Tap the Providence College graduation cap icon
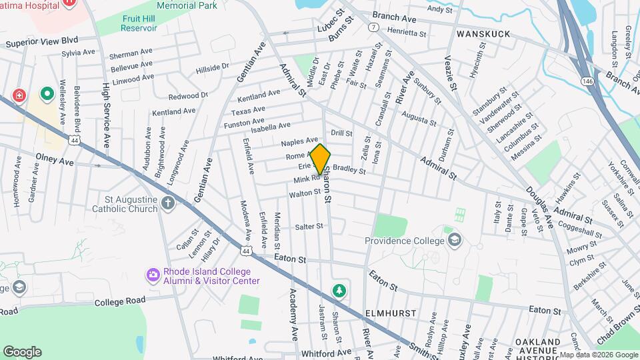point(455,239)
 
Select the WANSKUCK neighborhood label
point(483,33)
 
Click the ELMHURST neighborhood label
point(390,313)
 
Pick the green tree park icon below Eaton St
point(340,291)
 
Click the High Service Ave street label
point(106,114)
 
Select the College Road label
point(119,301)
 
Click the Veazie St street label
point(451,73)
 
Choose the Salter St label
point(309,227)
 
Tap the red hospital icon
point(19,95)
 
